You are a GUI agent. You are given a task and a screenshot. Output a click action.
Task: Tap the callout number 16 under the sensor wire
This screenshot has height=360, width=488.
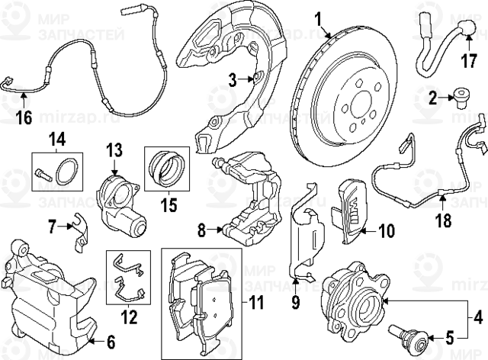23,117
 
